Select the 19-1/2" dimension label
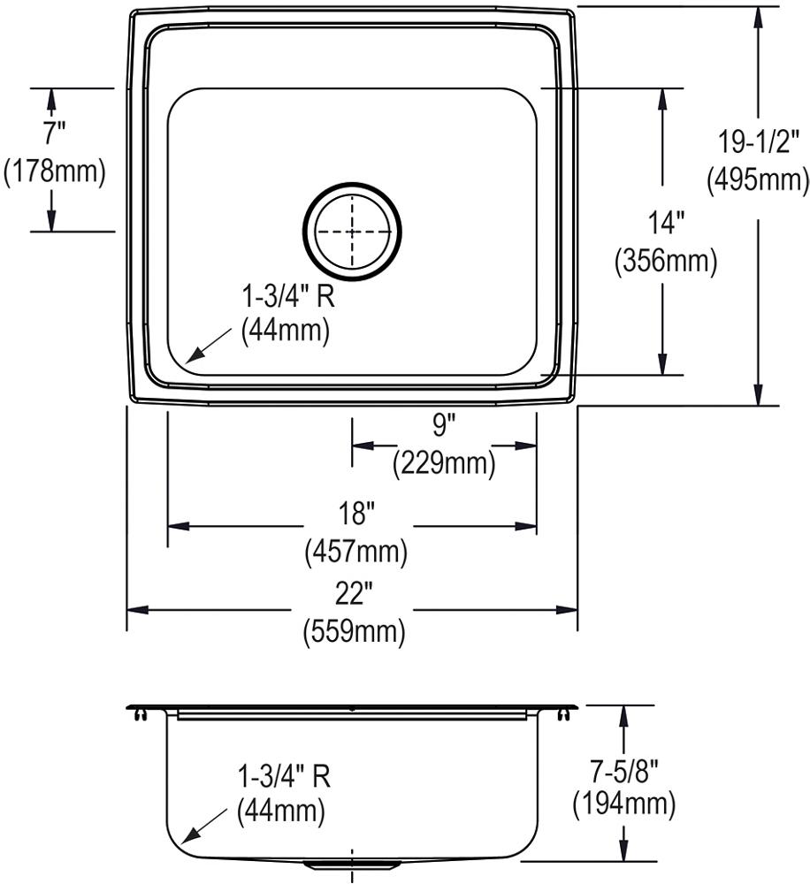[757, 140]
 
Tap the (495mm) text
[757, 179]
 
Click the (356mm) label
[665, 262]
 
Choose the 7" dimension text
[54, 133]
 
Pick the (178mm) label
[55, 171]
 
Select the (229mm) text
[444, 462]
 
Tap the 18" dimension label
[357, 512]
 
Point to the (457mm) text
[356, 552]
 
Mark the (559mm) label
[354, 632]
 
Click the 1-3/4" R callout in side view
[283, 776]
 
